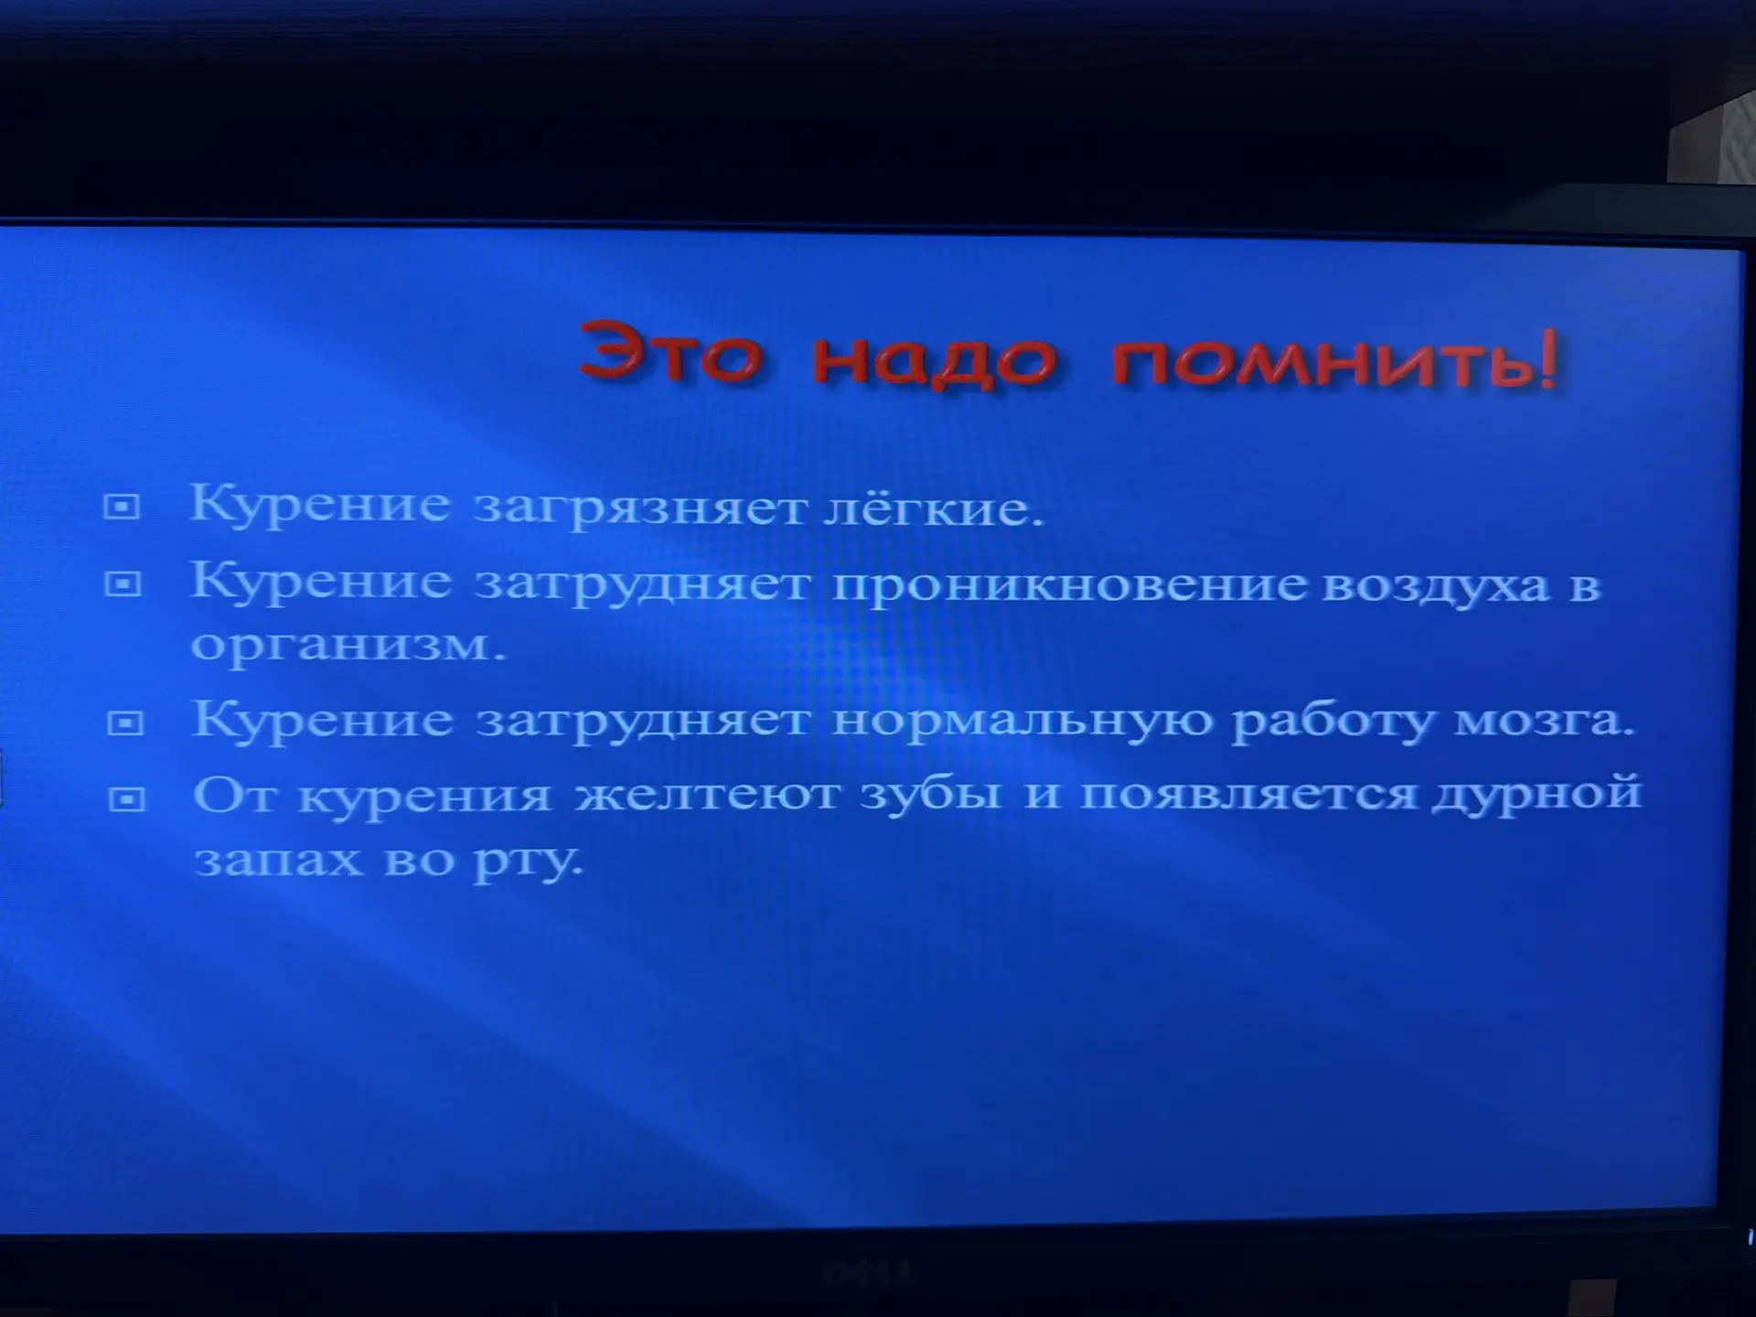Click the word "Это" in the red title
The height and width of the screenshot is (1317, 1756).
point(671,352)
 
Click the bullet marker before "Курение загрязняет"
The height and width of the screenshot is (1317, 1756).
point(122,506)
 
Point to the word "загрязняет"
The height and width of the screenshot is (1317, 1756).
point(641,509)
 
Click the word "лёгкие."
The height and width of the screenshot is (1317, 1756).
point(934,507)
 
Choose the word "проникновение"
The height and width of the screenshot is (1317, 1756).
point(1068,585)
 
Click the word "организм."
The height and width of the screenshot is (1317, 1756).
point(348,645)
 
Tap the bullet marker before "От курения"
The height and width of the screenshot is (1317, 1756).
point(126,799)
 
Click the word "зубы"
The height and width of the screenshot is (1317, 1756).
point(931,792)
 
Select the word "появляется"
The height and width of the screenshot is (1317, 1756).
point(1248,792)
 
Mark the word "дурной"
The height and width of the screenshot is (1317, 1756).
point(1536,792)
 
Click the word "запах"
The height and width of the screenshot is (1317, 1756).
point(278,861)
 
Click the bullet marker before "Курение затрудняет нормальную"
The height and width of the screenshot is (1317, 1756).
point(125,723)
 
